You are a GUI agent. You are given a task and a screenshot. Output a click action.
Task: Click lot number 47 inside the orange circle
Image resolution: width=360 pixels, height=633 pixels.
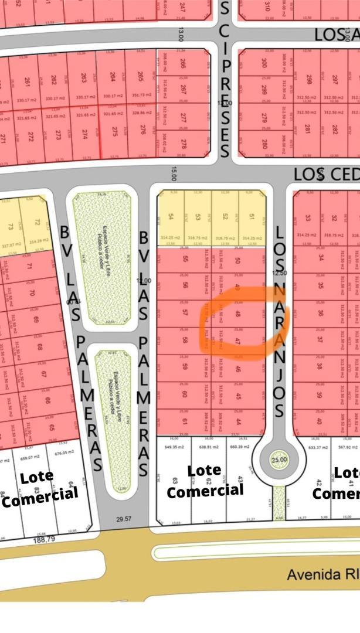[x=238, y=341]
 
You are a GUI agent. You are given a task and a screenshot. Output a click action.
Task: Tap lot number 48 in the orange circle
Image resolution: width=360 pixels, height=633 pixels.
[x=238, y=314]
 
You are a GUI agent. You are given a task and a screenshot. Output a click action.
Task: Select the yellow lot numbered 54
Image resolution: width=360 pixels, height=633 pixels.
[x=171, y=217]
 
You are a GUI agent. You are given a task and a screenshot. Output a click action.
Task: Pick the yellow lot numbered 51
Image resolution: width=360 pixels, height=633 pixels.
[x=252, y=217]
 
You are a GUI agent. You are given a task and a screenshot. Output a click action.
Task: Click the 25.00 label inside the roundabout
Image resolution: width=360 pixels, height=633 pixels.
[x=279, y=460]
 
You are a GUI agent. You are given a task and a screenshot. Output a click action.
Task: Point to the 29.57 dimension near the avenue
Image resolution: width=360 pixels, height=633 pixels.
[x=124, y=519]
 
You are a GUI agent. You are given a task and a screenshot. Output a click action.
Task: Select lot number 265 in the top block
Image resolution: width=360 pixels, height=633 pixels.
[x=140, y=77]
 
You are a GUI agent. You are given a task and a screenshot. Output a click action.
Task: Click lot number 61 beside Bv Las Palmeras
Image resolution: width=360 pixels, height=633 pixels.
[x=185, y=421]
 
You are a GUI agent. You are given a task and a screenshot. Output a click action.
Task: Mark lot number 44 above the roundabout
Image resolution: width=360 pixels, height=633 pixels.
[x=238, y=421]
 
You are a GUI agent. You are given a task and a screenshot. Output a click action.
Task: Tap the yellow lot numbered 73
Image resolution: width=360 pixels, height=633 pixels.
[x=11, y=227]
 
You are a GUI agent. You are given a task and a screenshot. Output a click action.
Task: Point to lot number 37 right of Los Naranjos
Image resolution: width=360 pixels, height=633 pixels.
[x=320, y=339]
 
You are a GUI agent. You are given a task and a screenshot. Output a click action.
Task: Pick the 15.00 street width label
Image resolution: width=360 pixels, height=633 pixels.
[x=174, y=174]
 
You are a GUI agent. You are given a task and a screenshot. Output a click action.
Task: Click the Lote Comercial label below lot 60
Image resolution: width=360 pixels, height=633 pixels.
[x=204, y=480]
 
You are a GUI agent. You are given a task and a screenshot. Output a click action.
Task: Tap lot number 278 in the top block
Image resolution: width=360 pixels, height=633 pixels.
[x=184, y=142]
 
